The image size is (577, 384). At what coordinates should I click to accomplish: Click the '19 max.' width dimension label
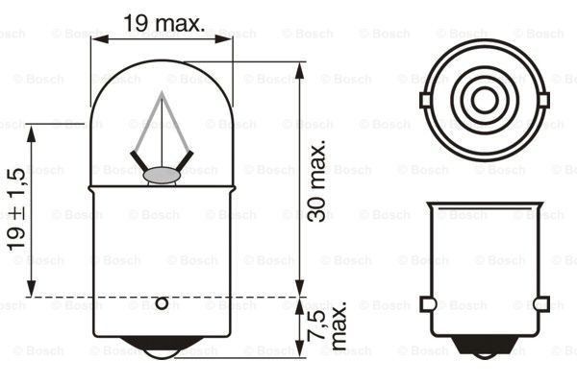[x=163, y=23]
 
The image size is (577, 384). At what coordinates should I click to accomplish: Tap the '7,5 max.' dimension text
[x=324, y=329]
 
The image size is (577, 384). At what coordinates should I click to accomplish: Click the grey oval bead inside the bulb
[x=162, y=175]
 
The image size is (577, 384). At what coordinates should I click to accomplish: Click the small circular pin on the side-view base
[x=162, y=304]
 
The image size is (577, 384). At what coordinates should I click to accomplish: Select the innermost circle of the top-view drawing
[x=485, y=98]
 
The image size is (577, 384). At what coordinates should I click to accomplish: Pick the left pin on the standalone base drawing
[x=427, y=304]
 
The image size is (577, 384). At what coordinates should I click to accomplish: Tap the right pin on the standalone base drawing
[x=542, y=304]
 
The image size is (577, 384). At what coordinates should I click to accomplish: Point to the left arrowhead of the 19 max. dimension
[x=97, y=39]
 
